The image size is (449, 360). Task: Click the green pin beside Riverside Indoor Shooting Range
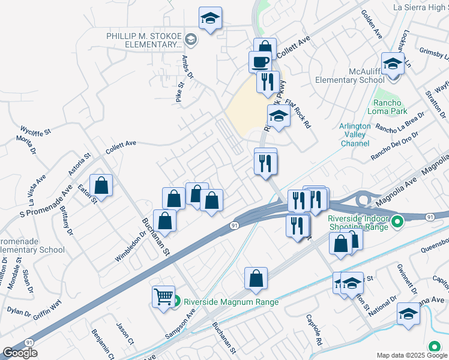tap(396, 223)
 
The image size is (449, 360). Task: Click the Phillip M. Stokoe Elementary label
tap(144, 40)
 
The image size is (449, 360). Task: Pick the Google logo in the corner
tap(20, 353)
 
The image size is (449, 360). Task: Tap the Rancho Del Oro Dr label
tap(393, 146)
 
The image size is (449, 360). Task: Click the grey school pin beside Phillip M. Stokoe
tap(190, 40)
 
